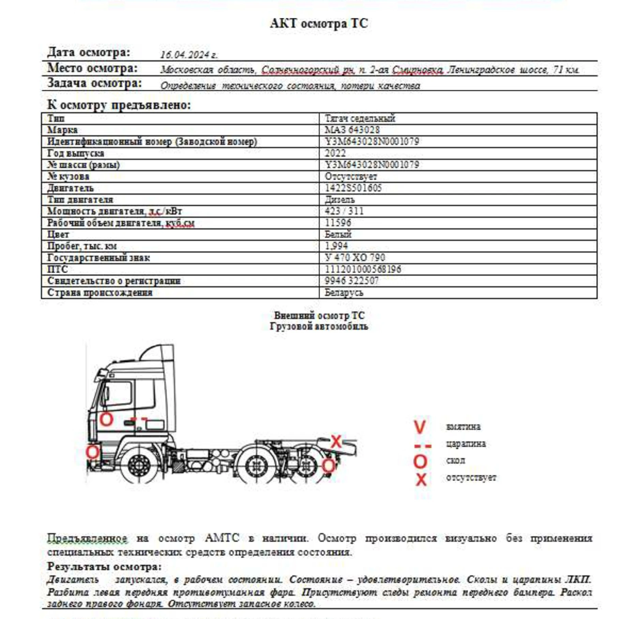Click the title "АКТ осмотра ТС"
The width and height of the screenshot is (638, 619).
[x=319, y=24]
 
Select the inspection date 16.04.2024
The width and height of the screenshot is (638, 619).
[x=188, y=55]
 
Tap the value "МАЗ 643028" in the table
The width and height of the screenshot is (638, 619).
[x=352, y=130]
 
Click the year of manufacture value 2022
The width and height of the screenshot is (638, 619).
[x=335, y=153]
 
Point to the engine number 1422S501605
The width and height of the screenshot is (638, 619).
[x=353, y=188]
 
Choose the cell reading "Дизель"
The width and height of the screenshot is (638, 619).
[x=339, y=199]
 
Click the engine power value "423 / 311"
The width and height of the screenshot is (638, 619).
[x=344, y=211]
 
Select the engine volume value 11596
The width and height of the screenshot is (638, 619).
[x=338, y=223]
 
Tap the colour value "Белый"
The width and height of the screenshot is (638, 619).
[x=338, y=234]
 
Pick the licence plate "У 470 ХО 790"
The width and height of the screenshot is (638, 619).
[x=354, y=257]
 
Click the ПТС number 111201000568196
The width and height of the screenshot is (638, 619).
[x=363, y=269]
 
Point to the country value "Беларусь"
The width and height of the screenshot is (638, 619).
[x=344, y=292]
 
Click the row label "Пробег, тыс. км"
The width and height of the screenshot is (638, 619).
[x=82, y=246]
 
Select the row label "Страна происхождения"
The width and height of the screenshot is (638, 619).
[x=100, y=292]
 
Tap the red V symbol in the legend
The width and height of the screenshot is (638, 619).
[x=420, y=427]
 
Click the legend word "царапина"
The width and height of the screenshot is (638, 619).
[x=466, y=444]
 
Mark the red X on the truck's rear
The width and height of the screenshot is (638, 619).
[x=336, y=441]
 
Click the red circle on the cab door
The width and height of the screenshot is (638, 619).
[x=106, y=419]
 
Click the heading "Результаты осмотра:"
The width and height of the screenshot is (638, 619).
[x=104, y=567]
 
